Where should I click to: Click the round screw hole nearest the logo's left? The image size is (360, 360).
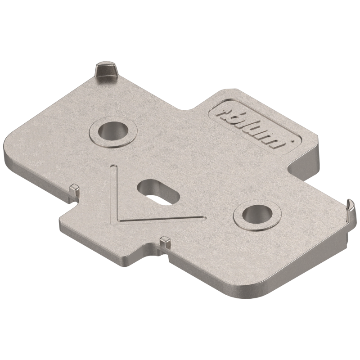pyautogui.click(x=113, y=131)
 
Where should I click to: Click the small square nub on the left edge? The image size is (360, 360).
pyautogui.click(x=74, y=190)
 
